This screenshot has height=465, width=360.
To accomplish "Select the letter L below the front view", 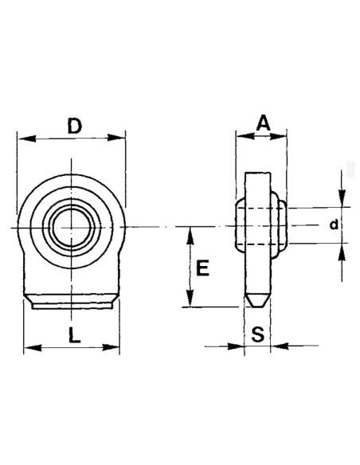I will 72,335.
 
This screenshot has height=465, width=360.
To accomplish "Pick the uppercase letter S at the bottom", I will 256,334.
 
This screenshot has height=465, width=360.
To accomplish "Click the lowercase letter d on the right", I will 334,226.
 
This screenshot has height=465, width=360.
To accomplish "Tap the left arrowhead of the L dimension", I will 29,346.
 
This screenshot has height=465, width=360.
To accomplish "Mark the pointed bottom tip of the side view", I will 256,306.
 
